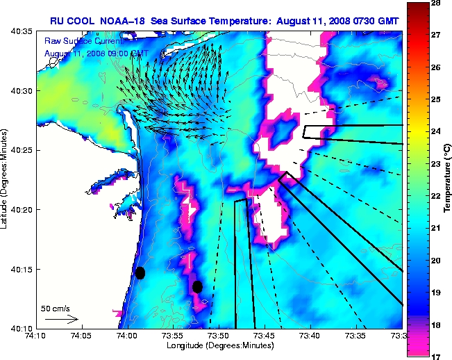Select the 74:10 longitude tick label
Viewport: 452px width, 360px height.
pos(35,336)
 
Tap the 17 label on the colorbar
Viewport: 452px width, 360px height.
pos(437,356)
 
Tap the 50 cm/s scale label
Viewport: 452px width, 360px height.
pos(55,308)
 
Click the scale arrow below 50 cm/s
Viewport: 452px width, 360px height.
pos(61,320)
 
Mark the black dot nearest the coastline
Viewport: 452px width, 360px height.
pos(140,272)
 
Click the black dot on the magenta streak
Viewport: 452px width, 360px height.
pos(197,286)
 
